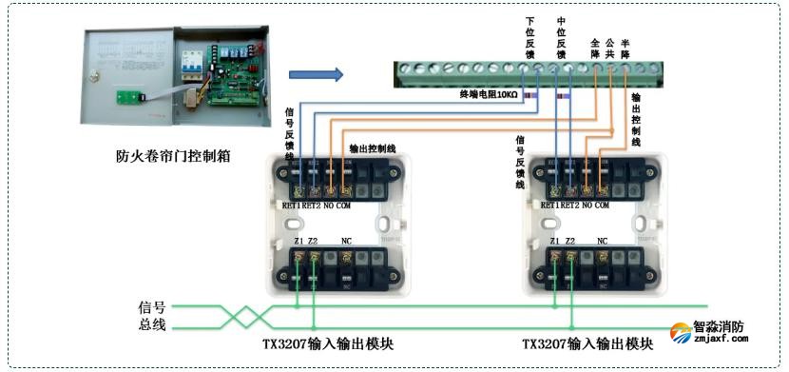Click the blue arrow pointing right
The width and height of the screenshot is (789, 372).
tap(315, 74)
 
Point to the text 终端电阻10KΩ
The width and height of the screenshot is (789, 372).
tap(488, 95)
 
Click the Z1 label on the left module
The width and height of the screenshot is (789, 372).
tap(299, 242)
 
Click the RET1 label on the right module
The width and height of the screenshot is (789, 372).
tap(548, 205)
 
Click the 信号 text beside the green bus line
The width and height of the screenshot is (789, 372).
tap(152, 307)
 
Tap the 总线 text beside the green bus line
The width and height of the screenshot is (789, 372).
tap(152, 325)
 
